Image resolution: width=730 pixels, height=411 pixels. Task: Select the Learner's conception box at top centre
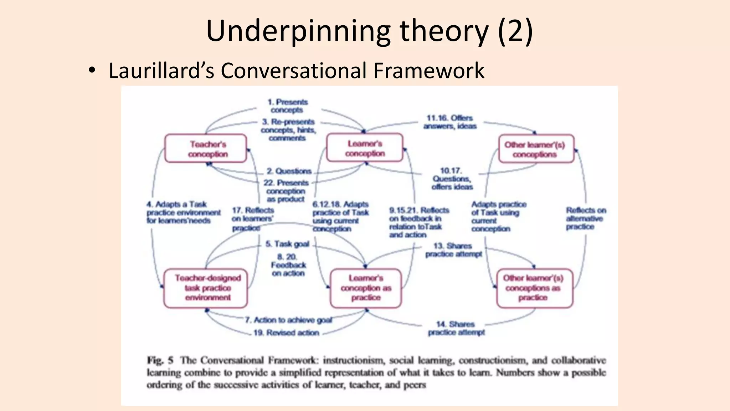[365, 148]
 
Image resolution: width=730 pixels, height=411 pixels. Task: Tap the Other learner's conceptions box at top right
[536, 149]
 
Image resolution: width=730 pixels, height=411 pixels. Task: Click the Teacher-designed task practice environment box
[206, 288]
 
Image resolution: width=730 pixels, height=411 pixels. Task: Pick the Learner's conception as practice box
[366, 288]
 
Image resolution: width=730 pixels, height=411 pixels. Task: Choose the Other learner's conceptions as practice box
[534, 288]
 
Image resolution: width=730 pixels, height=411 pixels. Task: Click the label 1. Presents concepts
[287, 106]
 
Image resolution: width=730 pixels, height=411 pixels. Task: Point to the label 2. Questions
[289, 171]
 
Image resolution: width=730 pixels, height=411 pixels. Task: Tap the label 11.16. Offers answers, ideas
[450, 122]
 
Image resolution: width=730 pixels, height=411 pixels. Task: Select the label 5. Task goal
[287, 244]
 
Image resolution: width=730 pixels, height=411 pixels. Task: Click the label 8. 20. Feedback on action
[288, 265]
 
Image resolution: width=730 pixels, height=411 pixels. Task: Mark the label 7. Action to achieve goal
[288, 320]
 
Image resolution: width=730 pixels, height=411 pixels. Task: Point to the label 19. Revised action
[286, 333]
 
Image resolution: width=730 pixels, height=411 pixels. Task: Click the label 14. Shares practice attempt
[456, 328]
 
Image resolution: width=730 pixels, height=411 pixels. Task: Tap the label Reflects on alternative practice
[586, 218]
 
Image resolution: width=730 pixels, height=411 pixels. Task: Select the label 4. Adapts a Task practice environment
[183, 213]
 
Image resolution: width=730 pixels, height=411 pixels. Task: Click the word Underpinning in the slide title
[298, 31]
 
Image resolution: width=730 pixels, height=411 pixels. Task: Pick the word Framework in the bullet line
[429, 71]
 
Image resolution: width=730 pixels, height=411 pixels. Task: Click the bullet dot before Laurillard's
[92, 70]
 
